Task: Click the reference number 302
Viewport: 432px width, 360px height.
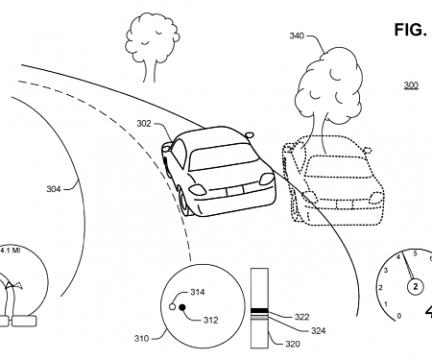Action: pyautogui.click(x=142, y=123)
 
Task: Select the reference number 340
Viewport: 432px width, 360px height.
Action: pyautogui.click(x=298, y=36)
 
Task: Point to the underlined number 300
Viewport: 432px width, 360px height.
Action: pyautogui.click(x=411, y=85)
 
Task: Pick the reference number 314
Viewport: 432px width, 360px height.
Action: pyautogui.click(x=198, y=292)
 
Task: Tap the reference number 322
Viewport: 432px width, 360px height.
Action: pyautogui.click(x=301, y=316)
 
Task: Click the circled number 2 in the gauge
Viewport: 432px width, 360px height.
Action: pyautogui.click(x=416, y=287)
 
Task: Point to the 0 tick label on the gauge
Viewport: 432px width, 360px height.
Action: pyautogui.click(x=398, y=315)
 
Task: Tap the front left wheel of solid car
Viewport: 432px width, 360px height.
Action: pyautogui.click(x=182, y=200)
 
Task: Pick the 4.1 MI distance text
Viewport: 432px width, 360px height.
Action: pyautogui.click(x=11, y=251)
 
